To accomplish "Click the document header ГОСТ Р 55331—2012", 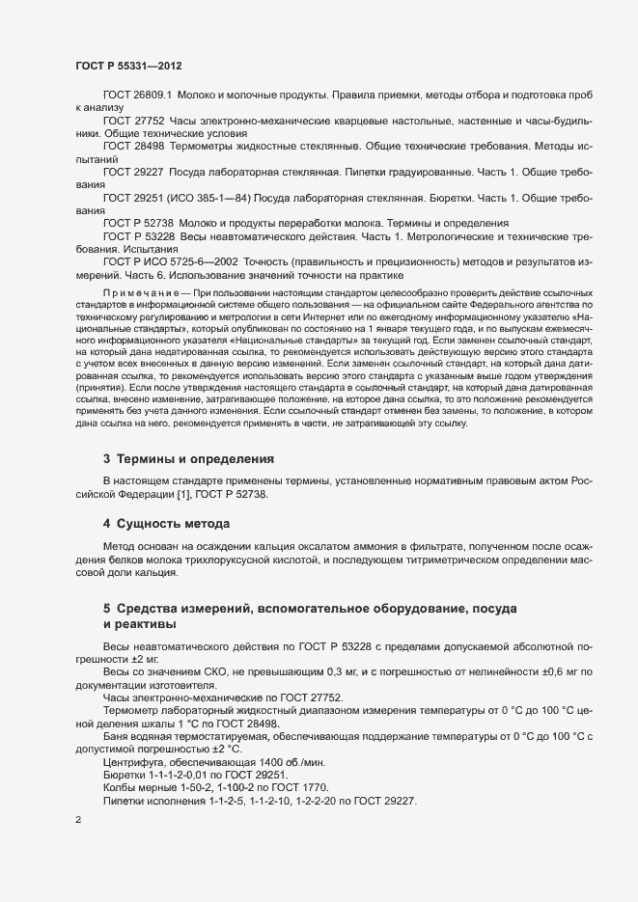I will tap(128, 66).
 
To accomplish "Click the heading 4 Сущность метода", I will tap(166, 524).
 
